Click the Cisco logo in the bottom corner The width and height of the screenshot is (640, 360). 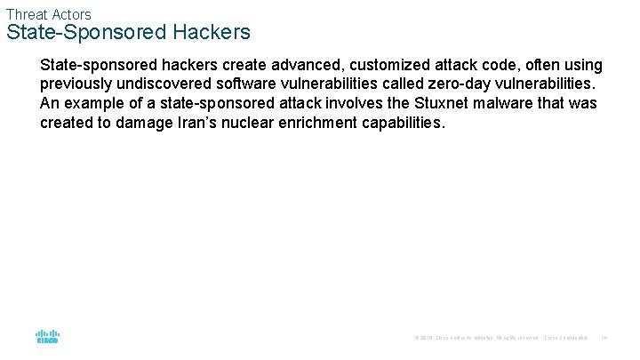47,337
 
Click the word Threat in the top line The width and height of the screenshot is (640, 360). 25,14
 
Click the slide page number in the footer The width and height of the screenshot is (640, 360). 604,338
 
